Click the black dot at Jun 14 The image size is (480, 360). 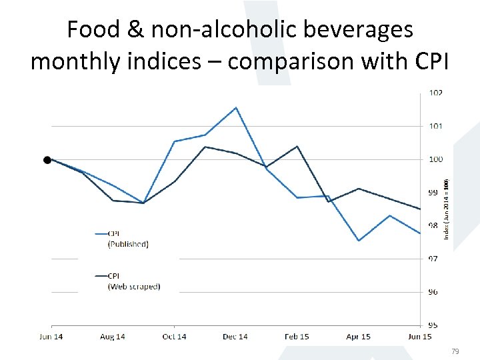point(47,160)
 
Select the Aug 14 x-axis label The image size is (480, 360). point(112,337)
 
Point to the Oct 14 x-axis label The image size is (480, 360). point(174,337)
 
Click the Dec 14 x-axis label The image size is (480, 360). point(235,337)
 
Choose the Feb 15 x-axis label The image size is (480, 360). point(297,337)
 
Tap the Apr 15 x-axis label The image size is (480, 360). point(358,337)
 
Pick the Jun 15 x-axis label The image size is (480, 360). point(419,337)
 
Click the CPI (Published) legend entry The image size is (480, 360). point(127,239)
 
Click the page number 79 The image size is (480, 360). point(456,351)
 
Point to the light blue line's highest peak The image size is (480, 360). point(236,107)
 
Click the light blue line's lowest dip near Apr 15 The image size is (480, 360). point(359,241)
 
